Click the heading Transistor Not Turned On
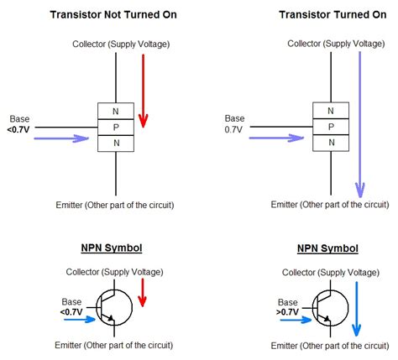pyautogui.click(x=113, y=14)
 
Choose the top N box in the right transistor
pyautogui.click(x=330, y=110)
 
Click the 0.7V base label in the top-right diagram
pyautogui.click(x=234, y=130)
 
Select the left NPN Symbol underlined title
pyautogui.click(x=113, y=248)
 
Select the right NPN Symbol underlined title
pyautogui.click(x=327, y=248)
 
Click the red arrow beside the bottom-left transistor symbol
pyautogui.click(x=143, y=291)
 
